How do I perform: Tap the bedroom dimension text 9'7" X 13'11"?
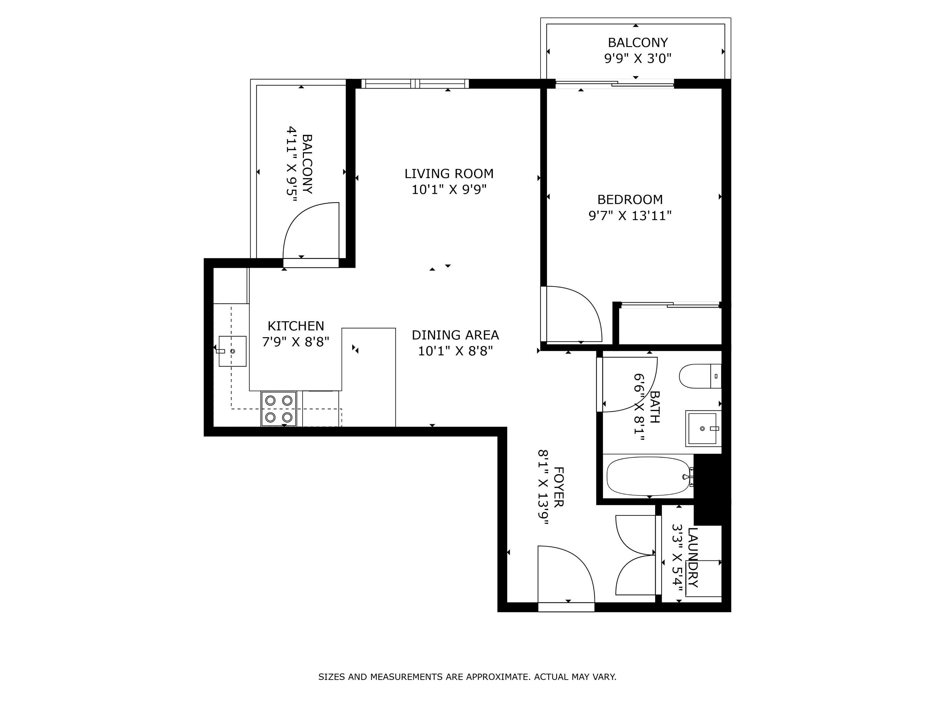[x=630, y=216]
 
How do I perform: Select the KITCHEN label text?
[x=295, y=326]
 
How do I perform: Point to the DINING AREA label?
[x=455, y=335]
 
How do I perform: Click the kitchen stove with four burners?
[x=279, y=409]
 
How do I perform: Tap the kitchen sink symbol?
[x=232, y=351]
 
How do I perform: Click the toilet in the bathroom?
[x=700, y=376]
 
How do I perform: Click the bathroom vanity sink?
[x=703, y=428]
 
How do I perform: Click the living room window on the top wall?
[x=415, y=84]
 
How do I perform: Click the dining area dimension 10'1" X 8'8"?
[x=455, y=351]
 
